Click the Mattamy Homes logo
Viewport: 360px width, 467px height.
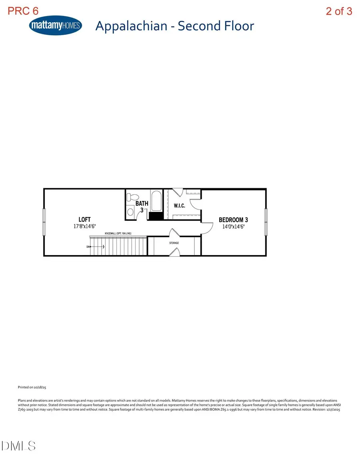[56, 26]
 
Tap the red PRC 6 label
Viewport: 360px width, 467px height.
[23, 11]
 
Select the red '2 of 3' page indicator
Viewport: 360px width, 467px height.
[339, 11]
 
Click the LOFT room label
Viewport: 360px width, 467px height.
[84, 220]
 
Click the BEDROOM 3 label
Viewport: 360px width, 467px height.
[233, 220]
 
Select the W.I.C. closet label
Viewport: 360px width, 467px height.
[179, 206]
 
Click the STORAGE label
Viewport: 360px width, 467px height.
[174, 243]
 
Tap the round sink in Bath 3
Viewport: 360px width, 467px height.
[130, 212]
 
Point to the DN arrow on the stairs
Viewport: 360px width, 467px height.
[96, 247]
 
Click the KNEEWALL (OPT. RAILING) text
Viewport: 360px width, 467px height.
[118, 233]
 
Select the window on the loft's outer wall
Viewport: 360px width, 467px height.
[44, 222]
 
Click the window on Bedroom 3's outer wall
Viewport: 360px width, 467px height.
[266, 222]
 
